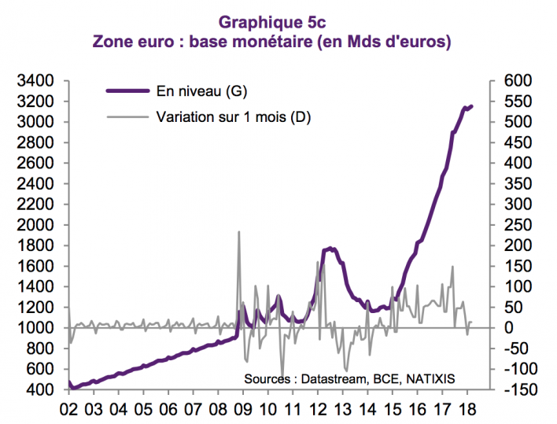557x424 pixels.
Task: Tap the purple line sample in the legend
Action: (127, 92)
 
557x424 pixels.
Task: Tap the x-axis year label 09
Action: (243, 409)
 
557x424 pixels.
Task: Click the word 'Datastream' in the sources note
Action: (331, 378)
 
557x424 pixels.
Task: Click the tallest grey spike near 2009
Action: (238, 232)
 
